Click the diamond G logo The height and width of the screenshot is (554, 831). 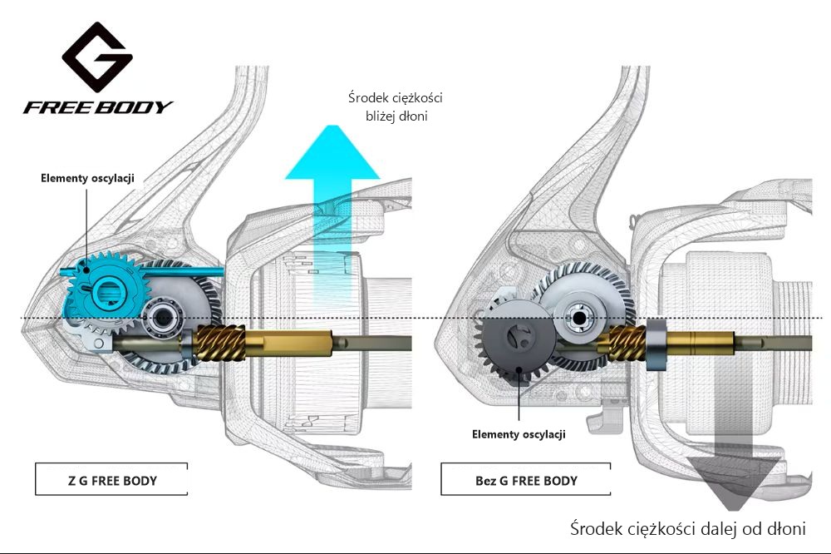pos(97,57)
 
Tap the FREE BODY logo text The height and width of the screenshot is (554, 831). pos(98,107)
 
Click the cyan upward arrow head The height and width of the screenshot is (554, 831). pos(333,152)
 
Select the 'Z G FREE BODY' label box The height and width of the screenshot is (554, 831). pos(111,479)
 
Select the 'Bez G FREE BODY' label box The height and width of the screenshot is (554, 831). pos(526,479)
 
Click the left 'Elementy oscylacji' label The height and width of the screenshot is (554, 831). pos(87,178)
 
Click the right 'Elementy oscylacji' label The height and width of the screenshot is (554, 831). pos(519,434)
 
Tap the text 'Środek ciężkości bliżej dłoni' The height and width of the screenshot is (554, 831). pos(396,106)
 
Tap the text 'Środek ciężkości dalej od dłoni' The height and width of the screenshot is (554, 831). pos(688,528)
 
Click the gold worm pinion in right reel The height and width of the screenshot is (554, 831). pos(627,342)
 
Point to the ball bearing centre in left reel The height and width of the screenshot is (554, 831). pos(163,317)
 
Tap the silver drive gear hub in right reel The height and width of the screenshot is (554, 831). pos(578,318)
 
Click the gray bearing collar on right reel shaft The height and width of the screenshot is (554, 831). pos(656,345)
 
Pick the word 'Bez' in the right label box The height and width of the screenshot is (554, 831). pos(485,481)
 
